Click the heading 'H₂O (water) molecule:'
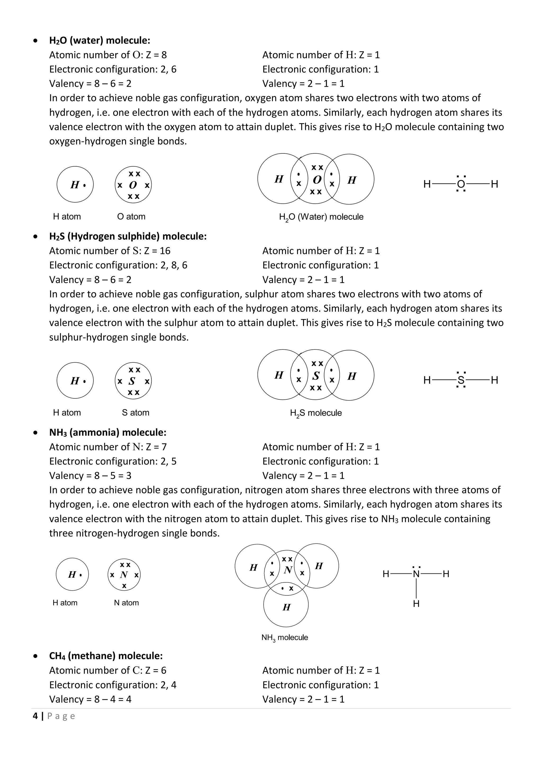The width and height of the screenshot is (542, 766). (100, 40)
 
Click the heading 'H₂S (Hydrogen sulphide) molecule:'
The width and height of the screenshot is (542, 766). (128, 236)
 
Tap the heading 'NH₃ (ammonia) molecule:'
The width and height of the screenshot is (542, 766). (107, 432)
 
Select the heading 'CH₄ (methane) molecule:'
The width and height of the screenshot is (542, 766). (106, 656)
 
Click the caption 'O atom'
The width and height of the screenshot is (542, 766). (131, 217)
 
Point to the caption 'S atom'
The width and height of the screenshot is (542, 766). (135, 413)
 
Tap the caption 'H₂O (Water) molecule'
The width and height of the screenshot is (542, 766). (321, 217)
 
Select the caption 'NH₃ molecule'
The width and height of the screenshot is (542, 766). (284, 637)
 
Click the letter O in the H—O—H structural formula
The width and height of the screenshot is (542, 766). (461, 184)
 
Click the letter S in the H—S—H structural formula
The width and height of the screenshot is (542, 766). (461, 380)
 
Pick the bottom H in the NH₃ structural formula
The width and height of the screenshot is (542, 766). (416, 604)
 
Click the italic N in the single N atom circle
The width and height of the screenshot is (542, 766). (124, 575)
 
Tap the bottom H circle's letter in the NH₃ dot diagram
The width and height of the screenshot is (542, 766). (286, 607)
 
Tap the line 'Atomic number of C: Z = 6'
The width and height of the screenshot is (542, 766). (107, 670)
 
